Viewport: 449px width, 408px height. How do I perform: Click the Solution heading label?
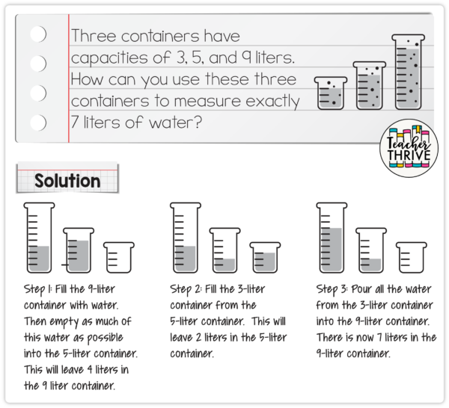tap(67, 181)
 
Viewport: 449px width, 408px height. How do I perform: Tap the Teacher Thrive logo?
tap(408, 146)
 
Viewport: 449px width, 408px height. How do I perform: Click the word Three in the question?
tap(100, 36)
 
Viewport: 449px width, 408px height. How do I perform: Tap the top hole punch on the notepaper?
tap(37, 34)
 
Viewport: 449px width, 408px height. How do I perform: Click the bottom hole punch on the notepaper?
tap(37, 122)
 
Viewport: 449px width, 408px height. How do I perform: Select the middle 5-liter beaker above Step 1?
tap(78, 250)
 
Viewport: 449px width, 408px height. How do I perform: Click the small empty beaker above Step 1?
tap(118, 257)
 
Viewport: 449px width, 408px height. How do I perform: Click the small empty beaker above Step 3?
tap(411, 257)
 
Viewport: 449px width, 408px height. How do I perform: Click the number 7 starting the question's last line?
tap(75, 123)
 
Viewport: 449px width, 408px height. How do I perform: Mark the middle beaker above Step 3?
tap(370, 250)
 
